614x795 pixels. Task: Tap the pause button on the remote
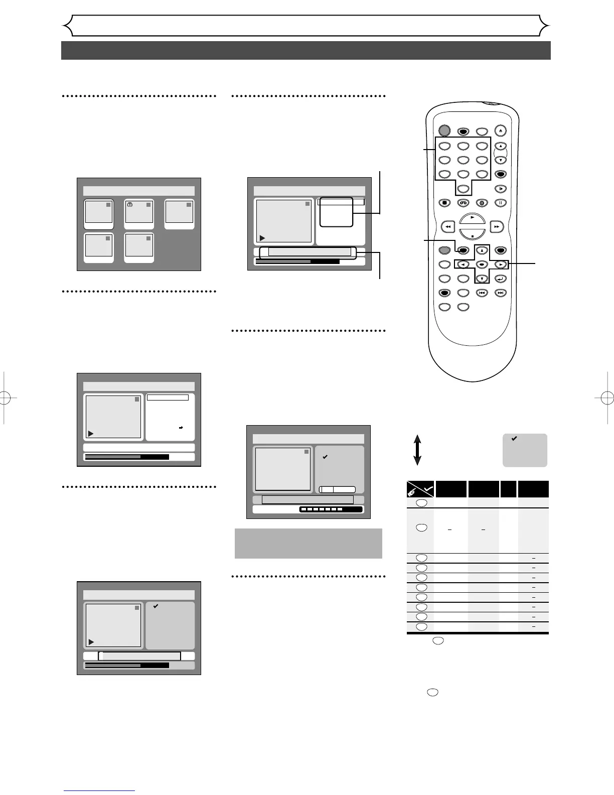(x=500, y=203)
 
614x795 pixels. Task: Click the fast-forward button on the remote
(x=496, y=227)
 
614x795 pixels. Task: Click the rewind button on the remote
(x=447, y=227)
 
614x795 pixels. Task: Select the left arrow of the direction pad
(x=463, y=264)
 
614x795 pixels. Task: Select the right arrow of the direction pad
(x=500, y=264)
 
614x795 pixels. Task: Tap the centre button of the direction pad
(x=481, y=264)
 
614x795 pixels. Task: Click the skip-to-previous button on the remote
(x=481, y=293)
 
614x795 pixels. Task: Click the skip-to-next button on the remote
(x=500, y=293)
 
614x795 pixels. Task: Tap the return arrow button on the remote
(x=500, y=279)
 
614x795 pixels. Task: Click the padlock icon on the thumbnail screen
(x=130, y=205)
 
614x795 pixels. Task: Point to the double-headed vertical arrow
(x=417, y=450)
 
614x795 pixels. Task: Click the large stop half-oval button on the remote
(x=472, y=234)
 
